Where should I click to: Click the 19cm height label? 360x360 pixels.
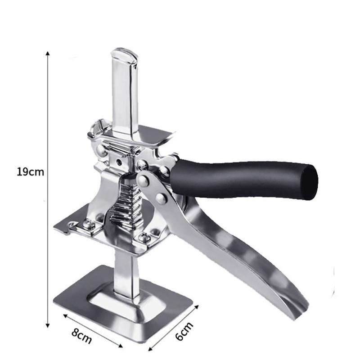point(30,172)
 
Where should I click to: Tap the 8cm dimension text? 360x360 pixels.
point(82,336)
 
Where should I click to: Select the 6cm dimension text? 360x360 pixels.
point(184,331)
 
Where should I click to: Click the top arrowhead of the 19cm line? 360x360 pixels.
point(48,53)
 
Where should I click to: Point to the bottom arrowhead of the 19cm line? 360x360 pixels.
point(48,325)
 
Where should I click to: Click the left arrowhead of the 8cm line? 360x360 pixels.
point(65,316)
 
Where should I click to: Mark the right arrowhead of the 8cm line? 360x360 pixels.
point(120,346)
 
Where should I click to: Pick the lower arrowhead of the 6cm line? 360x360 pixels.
point(150,349)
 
